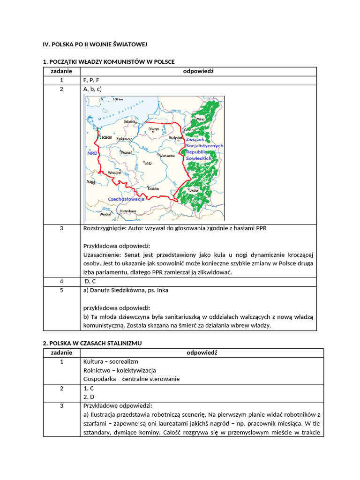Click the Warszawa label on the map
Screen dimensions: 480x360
pyautogui.click(x=167, y=155)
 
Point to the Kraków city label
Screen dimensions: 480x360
pyautogui.click(x=153, y=188)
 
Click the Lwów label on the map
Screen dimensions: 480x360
pyautogui.click(x=195, y=191)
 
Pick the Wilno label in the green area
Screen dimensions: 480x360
pyautogui.click(x=201, y=119)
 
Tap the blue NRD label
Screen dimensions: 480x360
pyautogui.click(x=92, y=153)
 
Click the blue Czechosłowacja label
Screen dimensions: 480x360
pyautogui.click(x=126, y=199)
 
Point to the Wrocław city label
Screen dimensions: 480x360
pyautogui.click(x=114, y=172)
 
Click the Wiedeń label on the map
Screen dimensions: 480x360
pyautogui.click(x=105, y=214)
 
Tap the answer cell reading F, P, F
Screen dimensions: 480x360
pyautogui.click(x=91, y=80)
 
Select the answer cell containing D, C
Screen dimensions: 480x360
pyautogui.click(x=90, y=281)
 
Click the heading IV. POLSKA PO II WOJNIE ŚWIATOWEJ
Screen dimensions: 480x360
pyautogui.click(x=95, y=44)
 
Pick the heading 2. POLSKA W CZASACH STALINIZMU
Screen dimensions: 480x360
pyautogui.click(x=92, y=343)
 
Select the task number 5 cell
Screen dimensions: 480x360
pyautogui.click(x=61, y=290)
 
